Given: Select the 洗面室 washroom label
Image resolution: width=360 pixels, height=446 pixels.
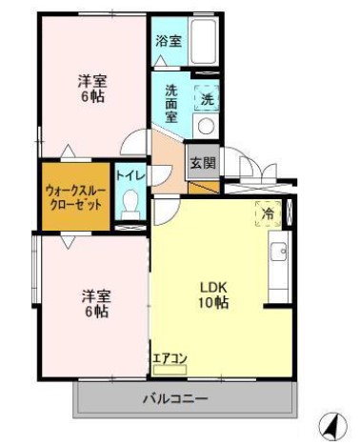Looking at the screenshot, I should (171, 103).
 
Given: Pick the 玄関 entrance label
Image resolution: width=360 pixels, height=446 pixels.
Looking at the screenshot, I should (202, 162).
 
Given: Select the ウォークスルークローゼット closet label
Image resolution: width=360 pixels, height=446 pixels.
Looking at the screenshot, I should (75, 196).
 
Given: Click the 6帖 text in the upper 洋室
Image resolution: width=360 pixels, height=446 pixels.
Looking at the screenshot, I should (91, 97).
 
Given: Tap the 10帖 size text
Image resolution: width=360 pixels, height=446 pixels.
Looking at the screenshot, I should (212, 303).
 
